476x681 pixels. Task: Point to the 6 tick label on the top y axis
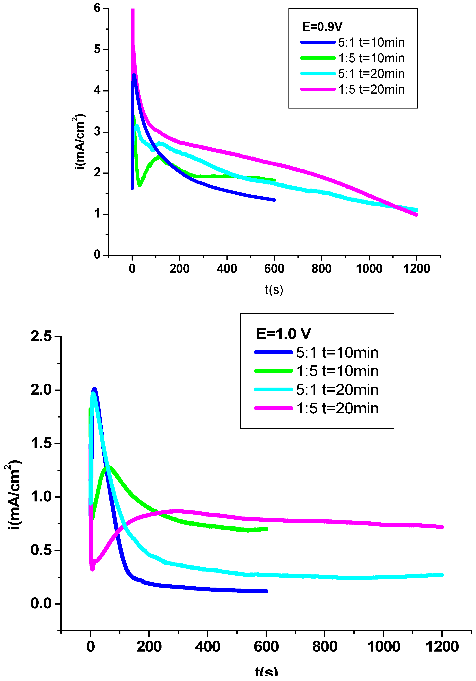[97, 8]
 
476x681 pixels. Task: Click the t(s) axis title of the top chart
[274, 290]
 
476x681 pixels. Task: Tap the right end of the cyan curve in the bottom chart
[442, 575]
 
